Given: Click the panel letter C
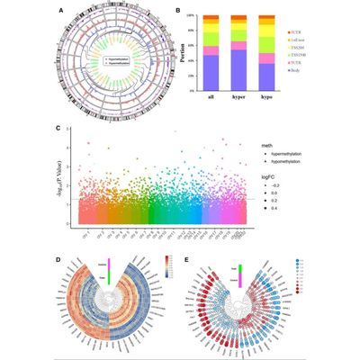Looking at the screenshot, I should coord(60,129).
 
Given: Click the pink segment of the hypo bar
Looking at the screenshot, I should coord(269,70).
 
